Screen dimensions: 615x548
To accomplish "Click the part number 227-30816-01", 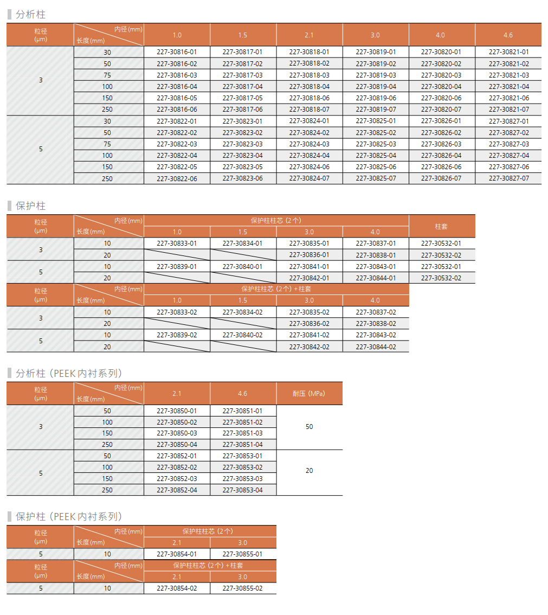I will click(177, 52).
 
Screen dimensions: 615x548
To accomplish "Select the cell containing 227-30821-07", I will click(508, 110).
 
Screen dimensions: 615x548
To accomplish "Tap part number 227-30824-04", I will click(309, 156).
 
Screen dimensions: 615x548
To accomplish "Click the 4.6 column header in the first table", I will click(508, 35).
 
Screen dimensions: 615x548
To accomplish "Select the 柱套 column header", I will click(441, 226).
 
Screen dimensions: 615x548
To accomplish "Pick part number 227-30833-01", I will click(177, 244).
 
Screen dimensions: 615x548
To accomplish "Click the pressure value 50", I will click(309, 427).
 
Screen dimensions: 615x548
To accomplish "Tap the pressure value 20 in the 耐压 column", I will click(309, 471).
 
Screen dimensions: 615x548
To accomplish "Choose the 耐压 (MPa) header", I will click(309, 394).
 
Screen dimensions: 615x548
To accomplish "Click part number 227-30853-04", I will click(242, 490).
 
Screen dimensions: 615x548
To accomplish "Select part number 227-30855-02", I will click(242, 588).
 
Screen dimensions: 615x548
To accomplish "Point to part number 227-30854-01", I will click(177, 554).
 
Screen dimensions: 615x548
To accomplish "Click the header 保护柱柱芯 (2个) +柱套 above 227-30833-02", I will click(276, 289).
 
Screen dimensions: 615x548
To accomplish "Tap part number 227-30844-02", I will click(376, 347).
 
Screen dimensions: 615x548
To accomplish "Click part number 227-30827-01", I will click(508, 121).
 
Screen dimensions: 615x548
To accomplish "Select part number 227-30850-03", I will click(177, 433).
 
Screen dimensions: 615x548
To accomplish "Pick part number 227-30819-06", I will click(376, 98).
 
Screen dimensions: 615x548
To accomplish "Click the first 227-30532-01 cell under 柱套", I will click(441, 244).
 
